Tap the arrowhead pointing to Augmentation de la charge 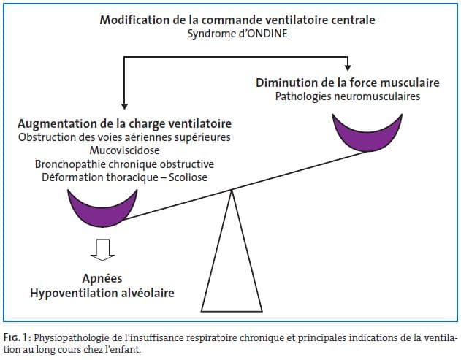click(x=123, y=106)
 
